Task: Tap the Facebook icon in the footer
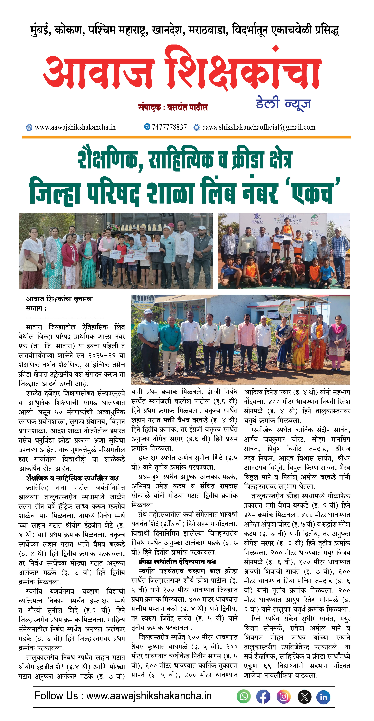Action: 263,696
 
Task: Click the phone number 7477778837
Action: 169,127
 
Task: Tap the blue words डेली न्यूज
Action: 283,104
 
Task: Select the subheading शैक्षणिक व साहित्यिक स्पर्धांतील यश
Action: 72,478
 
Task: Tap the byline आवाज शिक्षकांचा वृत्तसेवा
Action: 59,299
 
